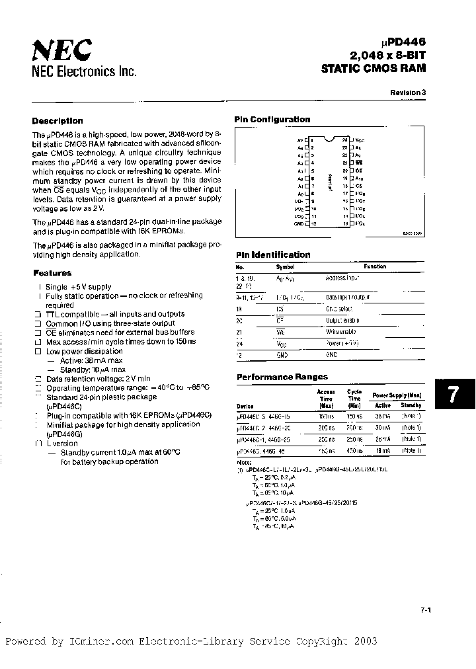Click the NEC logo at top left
(x=62, y=49)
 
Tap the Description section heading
(x=58, y=121)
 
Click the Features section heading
(x=52, y=273)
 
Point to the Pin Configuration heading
(x=272, y=120)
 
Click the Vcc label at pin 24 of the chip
(x=359, y=141)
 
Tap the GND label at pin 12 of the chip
(x=297, y=223)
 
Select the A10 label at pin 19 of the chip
(x=359, y=178)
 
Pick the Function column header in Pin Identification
(x=374, y=266)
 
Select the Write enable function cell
(x=340, y=331)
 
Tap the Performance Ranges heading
(x=282, y=377)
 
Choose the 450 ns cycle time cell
(x=354, y=450)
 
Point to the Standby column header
(x=411, y=405)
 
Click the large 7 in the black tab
(x=454, y=395)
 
